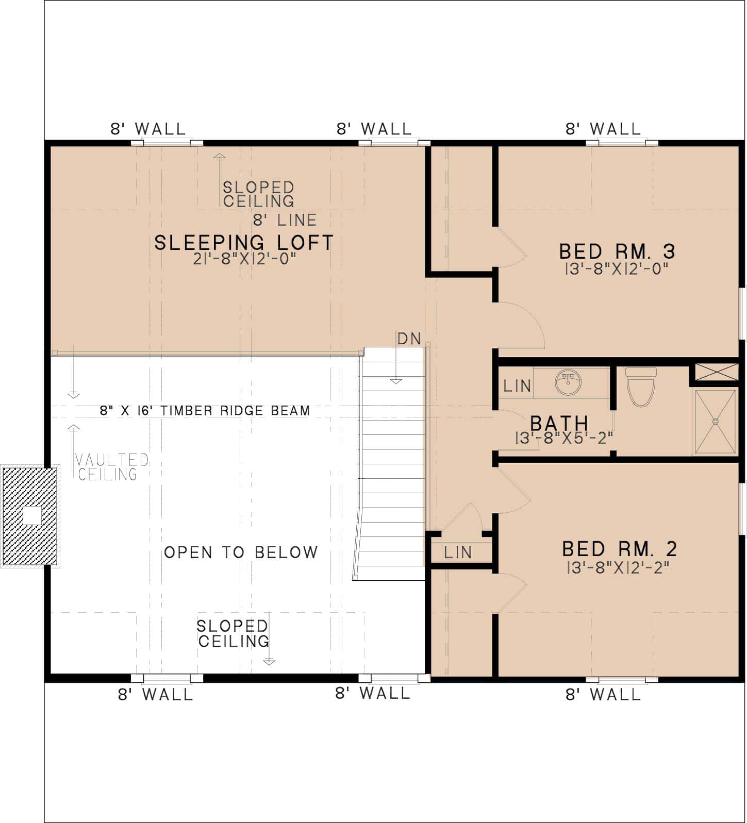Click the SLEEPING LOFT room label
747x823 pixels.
(244, 242)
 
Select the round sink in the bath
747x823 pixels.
(569, 382)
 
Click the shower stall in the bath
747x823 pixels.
(715, 422)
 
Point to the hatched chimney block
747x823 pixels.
(31, 515)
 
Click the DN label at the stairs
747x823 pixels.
(409, 339)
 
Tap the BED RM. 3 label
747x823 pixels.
(617, 251)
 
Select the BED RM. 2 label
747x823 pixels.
(619, 549)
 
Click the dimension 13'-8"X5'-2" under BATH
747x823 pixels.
(564, 438)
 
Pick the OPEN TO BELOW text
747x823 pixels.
(241, 552)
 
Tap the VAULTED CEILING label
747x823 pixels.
(111, 467)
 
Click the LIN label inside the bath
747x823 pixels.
(517, 385)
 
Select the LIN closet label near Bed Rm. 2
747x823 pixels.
(458, 552)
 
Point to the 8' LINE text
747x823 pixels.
(285, 220)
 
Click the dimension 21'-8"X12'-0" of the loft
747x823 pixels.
(246, 259)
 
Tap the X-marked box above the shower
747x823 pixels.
(716, 372)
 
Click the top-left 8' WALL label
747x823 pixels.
(148, 129)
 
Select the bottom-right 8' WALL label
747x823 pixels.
(603, 695)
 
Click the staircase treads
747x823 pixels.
(392, 464)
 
